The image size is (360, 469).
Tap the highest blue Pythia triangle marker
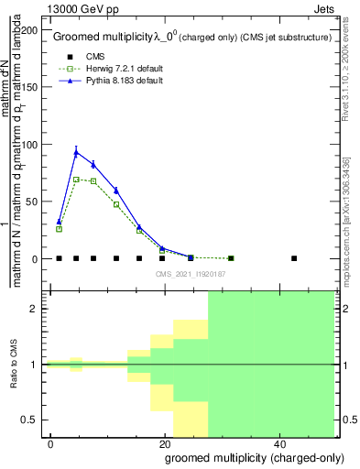pos(76,152)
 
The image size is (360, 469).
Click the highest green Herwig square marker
pos(76,180)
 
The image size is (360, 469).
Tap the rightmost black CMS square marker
pos(294,258)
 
